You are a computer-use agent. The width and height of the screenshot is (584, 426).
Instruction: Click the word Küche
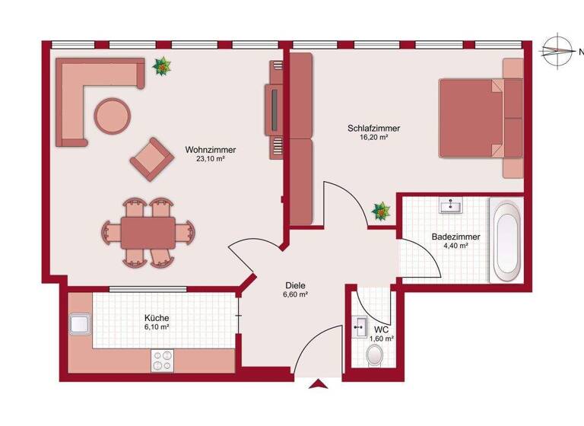157,318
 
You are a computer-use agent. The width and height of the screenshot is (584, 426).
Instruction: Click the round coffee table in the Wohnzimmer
112,115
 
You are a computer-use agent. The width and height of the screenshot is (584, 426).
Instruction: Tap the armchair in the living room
152,159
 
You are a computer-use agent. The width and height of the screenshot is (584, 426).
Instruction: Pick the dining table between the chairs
149,231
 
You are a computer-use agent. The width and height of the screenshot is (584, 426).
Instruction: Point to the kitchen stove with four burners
163,360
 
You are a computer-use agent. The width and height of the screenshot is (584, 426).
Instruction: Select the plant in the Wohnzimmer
162,68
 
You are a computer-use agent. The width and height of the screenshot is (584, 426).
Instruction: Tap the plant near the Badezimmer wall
379,211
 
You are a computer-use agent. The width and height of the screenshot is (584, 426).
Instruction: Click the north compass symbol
560,52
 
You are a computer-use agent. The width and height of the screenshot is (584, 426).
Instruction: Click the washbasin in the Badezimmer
454,205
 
